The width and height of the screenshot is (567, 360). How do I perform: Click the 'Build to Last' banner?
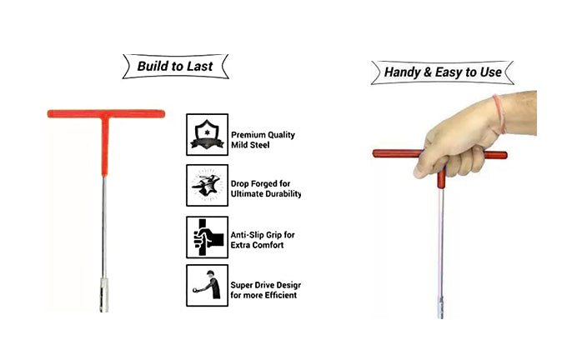[175, 67]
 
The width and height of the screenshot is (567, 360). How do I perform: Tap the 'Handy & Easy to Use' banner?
[442, 72]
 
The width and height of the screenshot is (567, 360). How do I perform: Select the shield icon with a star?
[207, 134]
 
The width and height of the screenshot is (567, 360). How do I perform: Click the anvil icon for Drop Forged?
[207, 186]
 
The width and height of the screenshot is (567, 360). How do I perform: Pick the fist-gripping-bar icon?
[207, 237]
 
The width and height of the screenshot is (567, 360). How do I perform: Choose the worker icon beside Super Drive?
[207, 286]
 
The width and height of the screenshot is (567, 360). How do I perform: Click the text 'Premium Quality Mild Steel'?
[263, 140]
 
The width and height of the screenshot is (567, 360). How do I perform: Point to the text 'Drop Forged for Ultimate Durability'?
[266, 188]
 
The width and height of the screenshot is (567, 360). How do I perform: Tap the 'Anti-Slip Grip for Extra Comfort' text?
[263, 240]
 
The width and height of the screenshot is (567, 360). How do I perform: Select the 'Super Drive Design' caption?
[265, 290]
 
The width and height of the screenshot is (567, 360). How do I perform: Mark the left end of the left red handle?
[49, 114]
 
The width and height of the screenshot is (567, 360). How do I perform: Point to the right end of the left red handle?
[163, 114]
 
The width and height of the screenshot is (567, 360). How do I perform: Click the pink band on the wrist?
[499, 114]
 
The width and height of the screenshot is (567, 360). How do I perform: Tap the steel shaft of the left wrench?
[104, 227]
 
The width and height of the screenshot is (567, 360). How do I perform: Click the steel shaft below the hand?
[440, 242]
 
